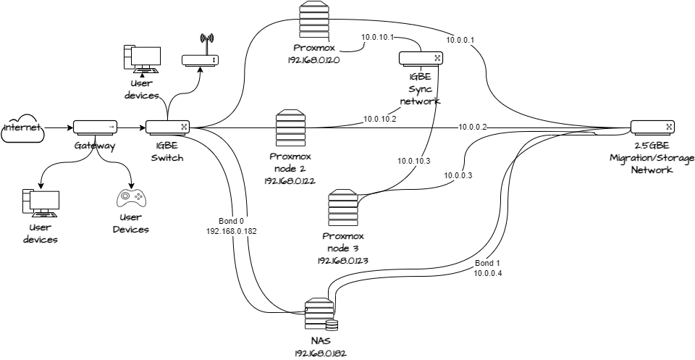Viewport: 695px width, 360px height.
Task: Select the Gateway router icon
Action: (95, 128)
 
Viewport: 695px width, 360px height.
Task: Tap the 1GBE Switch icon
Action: (167, 128)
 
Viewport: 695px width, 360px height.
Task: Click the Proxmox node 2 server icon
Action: (289, 129)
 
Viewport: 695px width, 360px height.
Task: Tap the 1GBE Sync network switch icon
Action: (420, 59)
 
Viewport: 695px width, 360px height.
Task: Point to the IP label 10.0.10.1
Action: (376, 37)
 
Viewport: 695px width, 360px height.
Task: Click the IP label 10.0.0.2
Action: (471, 127)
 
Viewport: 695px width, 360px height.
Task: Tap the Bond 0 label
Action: (232, 221)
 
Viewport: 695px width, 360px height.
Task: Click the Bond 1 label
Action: (487, 263)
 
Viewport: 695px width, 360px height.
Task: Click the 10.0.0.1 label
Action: (460, 39)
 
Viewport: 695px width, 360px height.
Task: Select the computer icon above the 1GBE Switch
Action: (142, 58)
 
